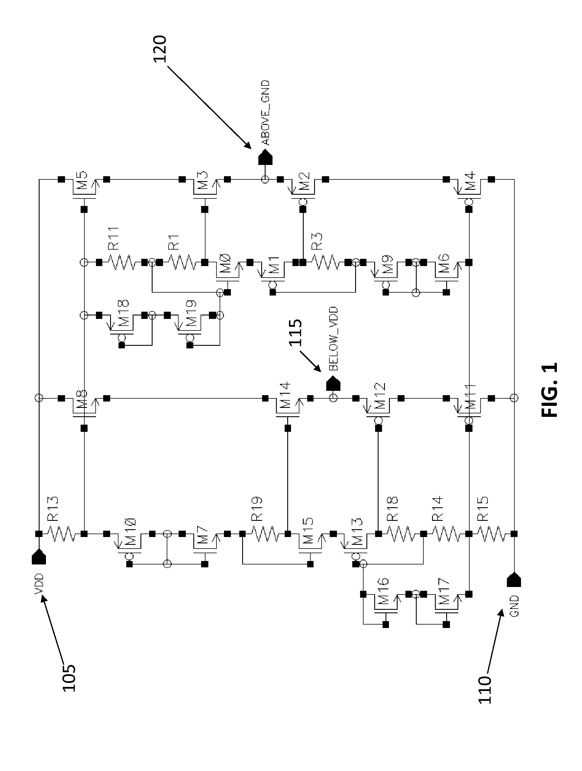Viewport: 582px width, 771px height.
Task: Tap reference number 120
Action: [160, 49]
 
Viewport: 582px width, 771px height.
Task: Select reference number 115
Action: [295, 332]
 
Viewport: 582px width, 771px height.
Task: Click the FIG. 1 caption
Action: [550, 390]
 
